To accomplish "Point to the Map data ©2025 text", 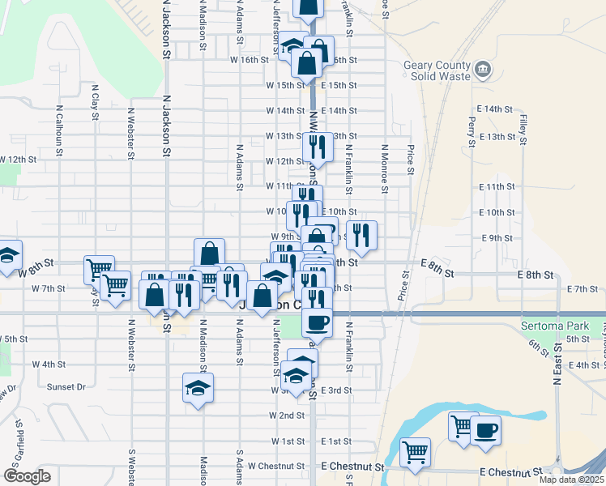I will tap(571, 480).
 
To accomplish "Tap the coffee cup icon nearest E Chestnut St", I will tap(486, 429).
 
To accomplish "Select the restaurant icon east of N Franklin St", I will tap(361, 235).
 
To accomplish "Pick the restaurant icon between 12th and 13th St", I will tap(317, 147).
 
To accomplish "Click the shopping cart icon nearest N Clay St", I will tap(99, 269).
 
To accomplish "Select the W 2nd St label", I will tap(287, 415).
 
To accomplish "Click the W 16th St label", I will tap(249, 60).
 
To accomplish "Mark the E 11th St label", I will tap(497, 186).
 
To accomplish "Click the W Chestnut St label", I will tap(275, 467).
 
